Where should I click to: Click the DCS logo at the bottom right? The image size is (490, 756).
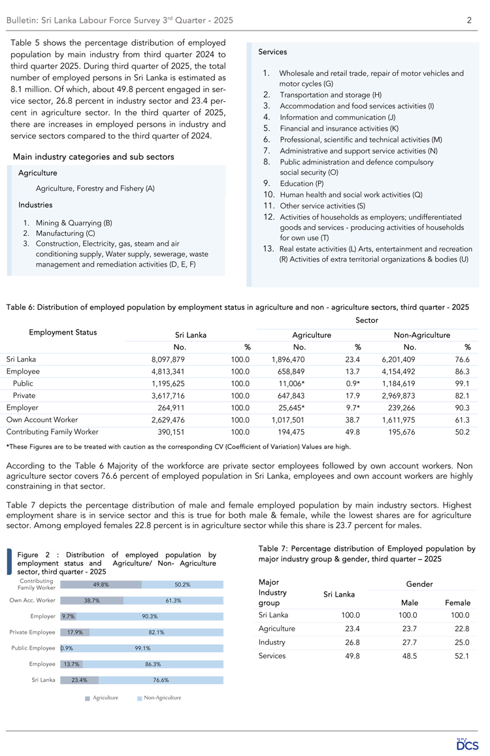click(467, 744)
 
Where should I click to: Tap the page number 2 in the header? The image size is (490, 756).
click(469, 21)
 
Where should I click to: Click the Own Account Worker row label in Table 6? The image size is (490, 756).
click(42, 419)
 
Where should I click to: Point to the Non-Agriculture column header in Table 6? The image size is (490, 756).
click(422, 335)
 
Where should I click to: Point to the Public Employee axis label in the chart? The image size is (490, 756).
click(32, 648)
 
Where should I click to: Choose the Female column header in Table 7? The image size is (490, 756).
click(457, 602)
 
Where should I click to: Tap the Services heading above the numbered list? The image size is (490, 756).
click(272, 52)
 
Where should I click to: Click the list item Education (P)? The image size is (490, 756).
click(301, 184)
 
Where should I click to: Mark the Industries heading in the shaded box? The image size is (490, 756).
click(36, 205)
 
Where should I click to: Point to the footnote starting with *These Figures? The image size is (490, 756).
click(178, 447)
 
